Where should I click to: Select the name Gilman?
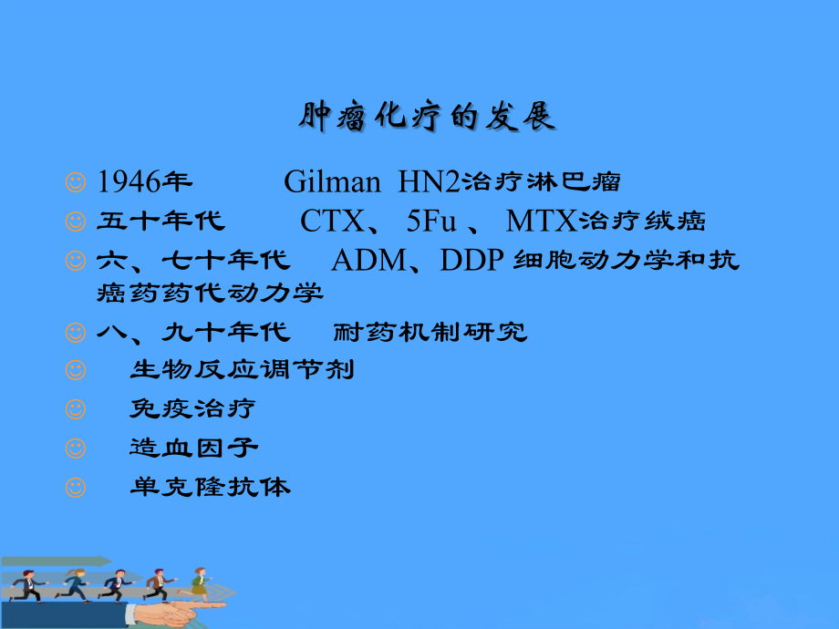332,182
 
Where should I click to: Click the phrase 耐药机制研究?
431,332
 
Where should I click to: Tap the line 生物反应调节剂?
241,370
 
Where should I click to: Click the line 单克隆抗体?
210,487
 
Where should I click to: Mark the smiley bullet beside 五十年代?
76,222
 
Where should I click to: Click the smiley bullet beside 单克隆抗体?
76,488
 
